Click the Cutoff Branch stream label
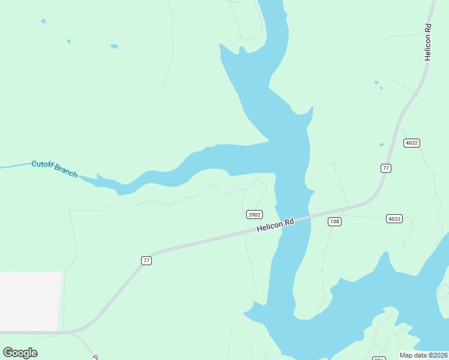click(x=55, y=169)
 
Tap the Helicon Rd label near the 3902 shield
click(x=276, y=225)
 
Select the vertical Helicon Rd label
click(x=428, y=42)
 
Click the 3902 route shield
click(x=255, y=214)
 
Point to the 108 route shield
click(x=334, y=222)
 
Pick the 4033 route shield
click(x=394, y=219)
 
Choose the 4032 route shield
click(x=411, y=143)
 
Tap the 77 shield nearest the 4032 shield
click(x=385, y=168)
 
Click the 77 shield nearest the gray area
click(x=146, y=260)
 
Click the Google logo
click(x=20, y=353)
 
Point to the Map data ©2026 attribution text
click(x=423, y=355)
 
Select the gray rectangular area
click(x=31, y=301)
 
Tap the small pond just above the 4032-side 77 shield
click(x=381, y=145)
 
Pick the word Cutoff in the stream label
click(x=42, y=164)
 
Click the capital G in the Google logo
click(x=8, y=353)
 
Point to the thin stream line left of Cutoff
click(x=15, y=166)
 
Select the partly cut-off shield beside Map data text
click(x=379, y=358)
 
